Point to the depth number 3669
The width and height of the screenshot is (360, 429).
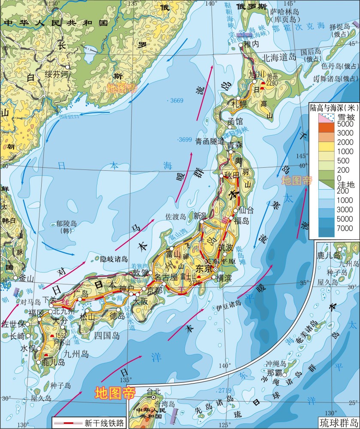tap(176, 101)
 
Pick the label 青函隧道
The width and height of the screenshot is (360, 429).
tap(209, 141)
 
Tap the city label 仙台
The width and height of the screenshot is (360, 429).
tap(247, 210)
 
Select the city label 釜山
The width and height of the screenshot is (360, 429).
tap(26, 278)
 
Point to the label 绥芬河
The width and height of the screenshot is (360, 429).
tap(57, 74)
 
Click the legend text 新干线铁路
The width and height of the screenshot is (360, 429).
tap(104, 423)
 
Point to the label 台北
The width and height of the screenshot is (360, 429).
tap(153, 391)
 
